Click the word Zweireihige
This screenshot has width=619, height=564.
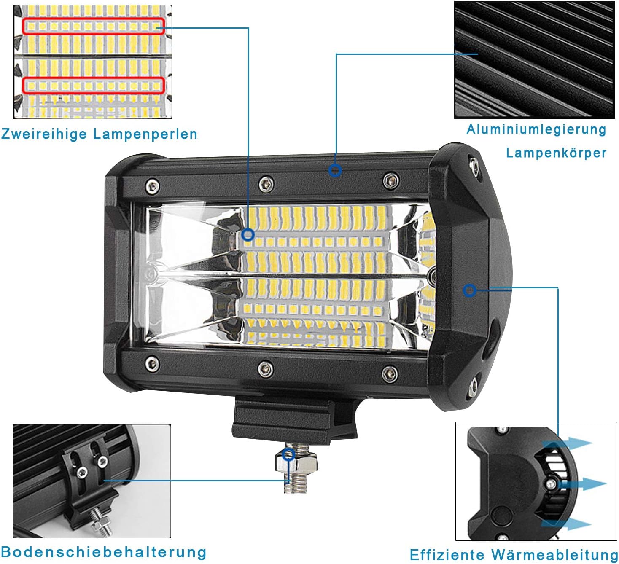pyautogui.click(x=44, y=134)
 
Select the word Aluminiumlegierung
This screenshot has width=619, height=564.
pyautogui.click(x=536, y=130)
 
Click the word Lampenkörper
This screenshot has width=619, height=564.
pyautogui.click(x=556, y=153)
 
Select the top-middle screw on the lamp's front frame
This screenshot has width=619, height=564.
pyautogui.click(x=266, y=184)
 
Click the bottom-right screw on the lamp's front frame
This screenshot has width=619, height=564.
pyautogui.click(x=390, y=374)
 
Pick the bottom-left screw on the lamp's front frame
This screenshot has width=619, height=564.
pyautogui.click(x=152, y=364)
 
